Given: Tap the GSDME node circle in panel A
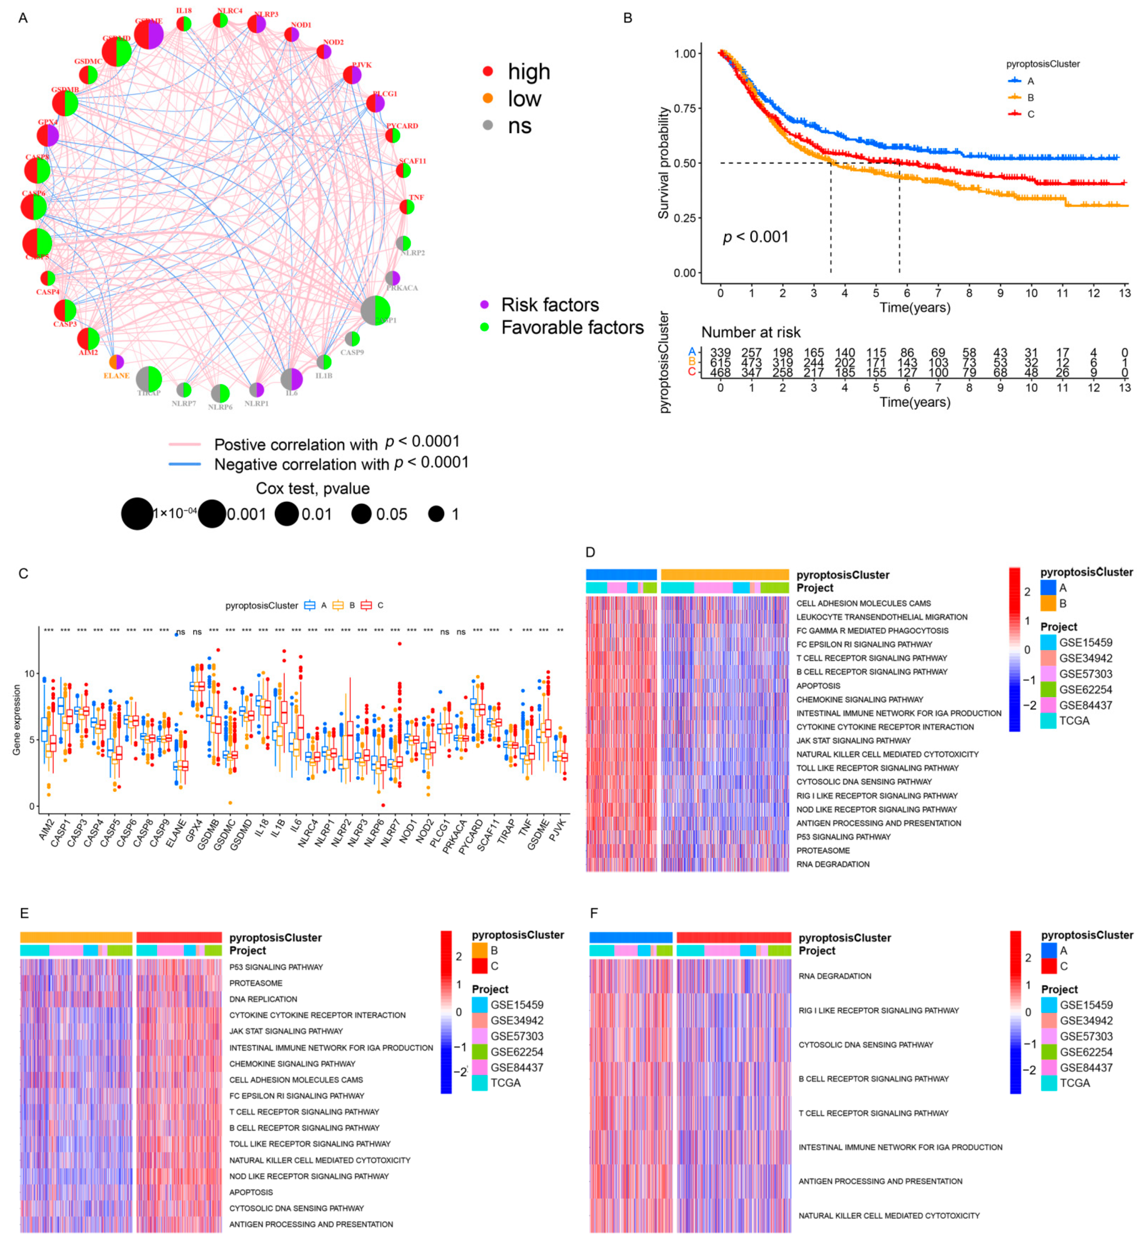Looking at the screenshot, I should click(148, 34).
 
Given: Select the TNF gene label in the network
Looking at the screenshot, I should click(416, 197).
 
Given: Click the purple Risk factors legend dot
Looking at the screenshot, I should click(485, 305).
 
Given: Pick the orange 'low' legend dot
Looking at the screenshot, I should click(488, 98).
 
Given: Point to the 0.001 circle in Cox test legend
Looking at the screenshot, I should click(212, 514).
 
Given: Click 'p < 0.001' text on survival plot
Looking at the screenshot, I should click(755, 237).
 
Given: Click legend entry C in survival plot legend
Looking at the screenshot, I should click(1031, 114).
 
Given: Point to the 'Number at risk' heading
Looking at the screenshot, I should click(751, 333).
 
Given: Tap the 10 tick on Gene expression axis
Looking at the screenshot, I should click(29, 674).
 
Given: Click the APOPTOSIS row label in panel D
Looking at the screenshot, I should click(818, 685).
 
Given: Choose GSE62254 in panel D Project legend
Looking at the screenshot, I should click(1085, 689).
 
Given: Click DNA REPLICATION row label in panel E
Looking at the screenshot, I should click(263, 999).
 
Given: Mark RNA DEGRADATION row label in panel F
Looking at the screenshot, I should click(834, 976).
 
